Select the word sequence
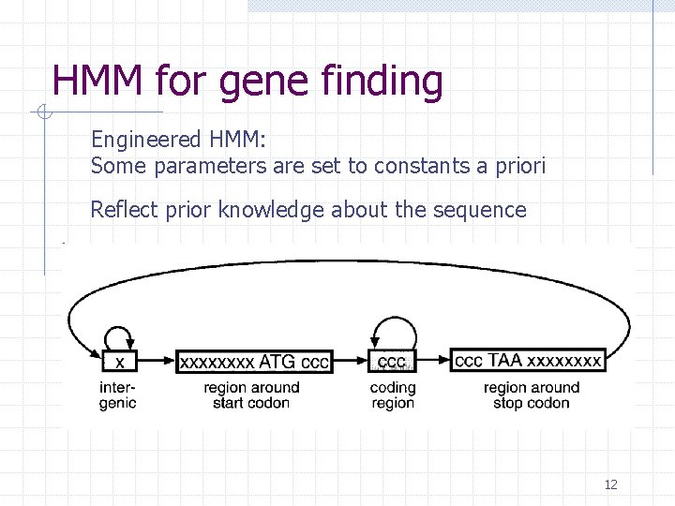pyautogui.click(x=481, y=211)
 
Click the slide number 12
pyautogui.click(x=610, y=484)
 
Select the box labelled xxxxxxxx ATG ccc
pyautogui.click(x=254, y=361)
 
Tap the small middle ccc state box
pyautogui.click(x=392, y=361)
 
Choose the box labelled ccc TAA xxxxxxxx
pyautogui.click(x=528, y=360)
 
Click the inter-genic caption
pyautogui.click(x=118, y=395)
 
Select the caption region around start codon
pyautogui.click(x=251, y=395)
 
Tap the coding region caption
pyautogui.click(x=393, y=395)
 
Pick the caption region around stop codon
pyautogui.click(x=532, y=395)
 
